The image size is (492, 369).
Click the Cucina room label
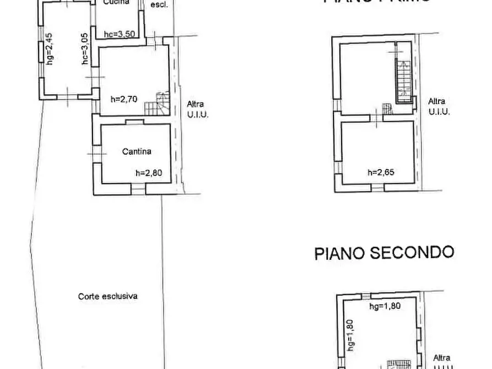click(116, 3)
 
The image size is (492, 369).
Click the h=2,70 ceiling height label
click(123, 100)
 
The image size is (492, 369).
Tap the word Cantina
click(137, 151)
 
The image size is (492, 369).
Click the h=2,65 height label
click(381, 172)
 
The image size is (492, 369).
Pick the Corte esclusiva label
click(107, 296)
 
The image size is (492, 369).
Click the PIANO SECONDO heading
click(384, 253)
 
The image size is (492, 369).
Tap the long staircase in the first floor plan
click(403, 77)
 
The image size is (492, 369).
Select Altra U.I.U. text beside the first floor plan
click(439, 106)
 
